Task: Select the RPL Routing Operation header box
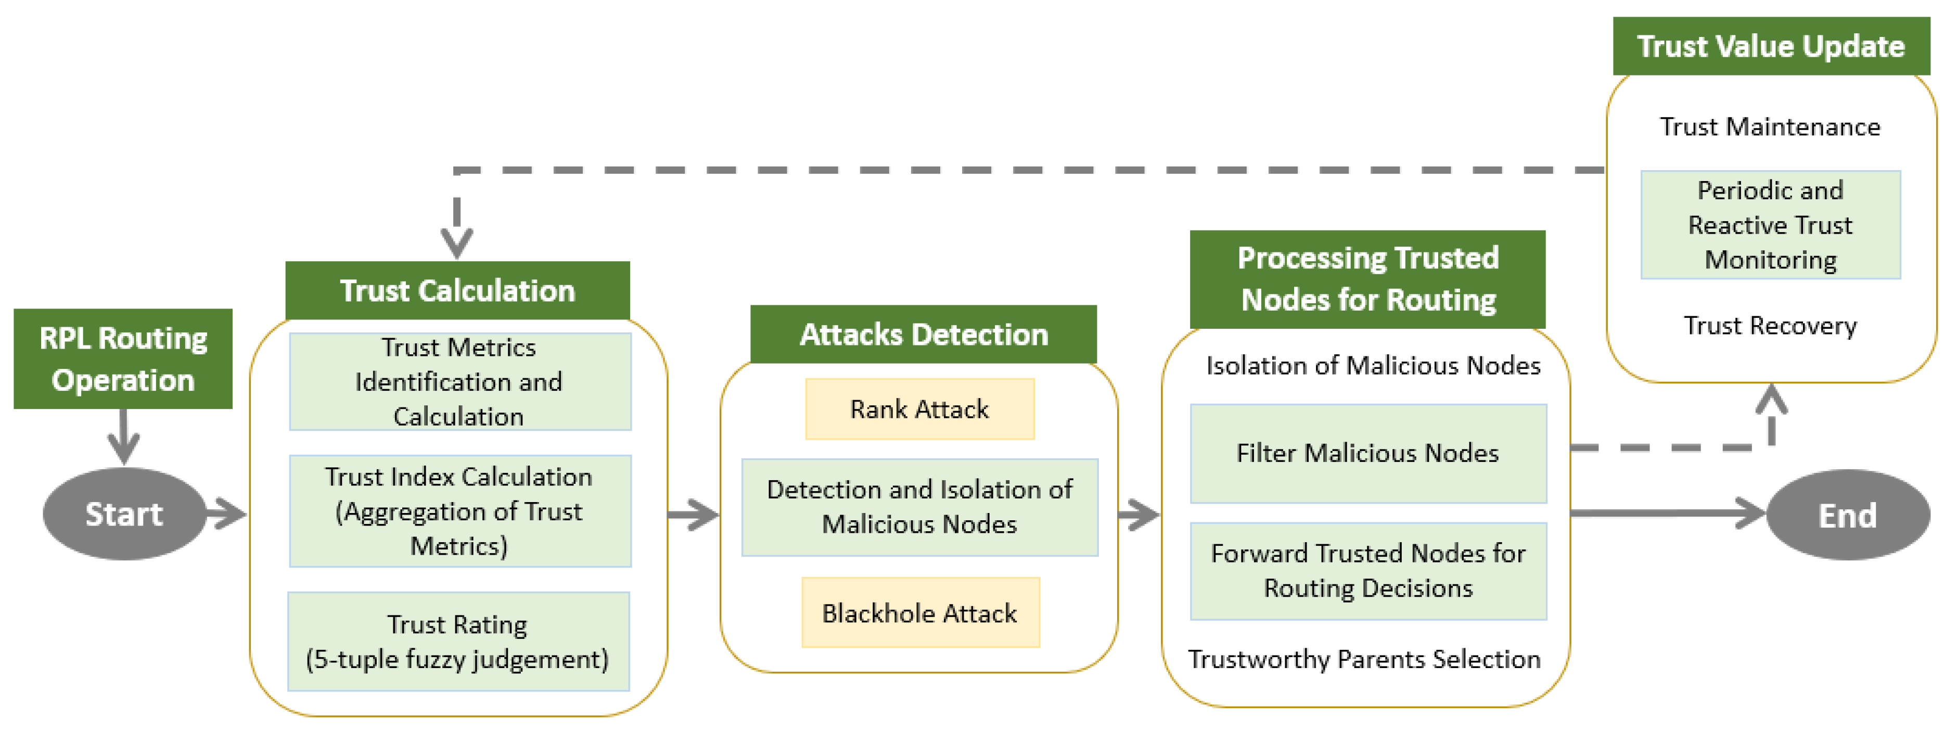tap(123, 358)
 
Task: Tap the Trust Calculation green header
tap(457, 290)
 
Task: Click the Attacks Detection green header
tap(923, 335)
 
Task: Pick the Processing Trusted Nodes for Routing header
tap(1367, 279)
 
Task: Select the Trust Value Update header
tap(1770, 46)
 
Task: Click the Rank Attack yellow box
tap(919, 409)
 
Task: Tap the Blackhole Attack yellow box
tap(919, 612)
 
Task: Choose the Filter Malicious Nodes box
tap(1367, 453)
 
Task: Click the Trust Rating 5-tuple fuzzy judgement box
tap(458, 642)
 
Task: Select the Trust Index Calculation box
tap(459, 510)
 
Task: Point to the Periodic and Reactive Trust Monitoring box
tap(1770, 225)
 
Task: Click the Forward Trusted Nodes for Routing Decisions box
tap(1367, 571)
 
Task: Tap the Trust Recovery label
tap(1770, 325)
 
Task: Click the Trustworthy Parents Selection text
tap(1364, 659)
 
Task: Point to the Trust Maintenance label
tap(1770, 126)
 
